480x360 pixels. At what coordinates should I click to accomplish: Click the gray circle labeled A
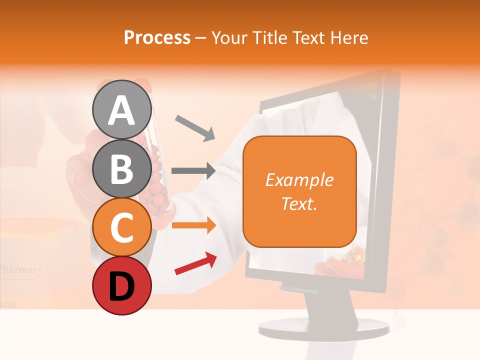pos(122,109)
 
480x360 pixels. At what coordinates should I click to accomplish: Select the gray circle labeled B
pos(122,168)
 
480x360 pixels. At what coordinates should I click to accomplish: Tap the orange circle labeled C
pos(122,227)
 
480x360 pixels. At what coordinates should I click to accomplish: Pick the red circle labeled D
pos(122,285)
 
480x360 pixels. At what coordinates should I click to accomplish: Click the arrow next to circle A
pos(195,127)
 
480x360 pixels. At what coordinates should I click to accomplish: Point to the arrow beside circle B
pos(193,171)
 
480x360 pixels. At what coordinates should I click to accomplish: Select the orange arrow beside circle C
pos(193,225)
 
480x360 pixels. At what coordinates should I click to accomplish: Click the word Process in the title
pos(157,38)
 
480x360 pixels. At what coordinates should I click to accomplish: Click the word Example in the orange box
pos(299,180)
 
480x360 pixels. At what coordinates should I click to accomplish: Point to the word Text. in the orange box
pos(299,203)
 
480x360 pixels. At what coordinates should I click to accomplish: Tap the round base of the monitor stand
pos(323,328)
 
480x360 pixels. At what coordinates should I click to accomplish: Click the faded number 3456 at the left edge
pos(8,303)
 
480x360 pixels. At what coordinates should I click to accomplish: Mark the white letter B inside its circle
pos(122,168)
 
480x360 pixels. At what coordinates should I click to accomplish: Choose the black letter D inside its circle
pos(122,286)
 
